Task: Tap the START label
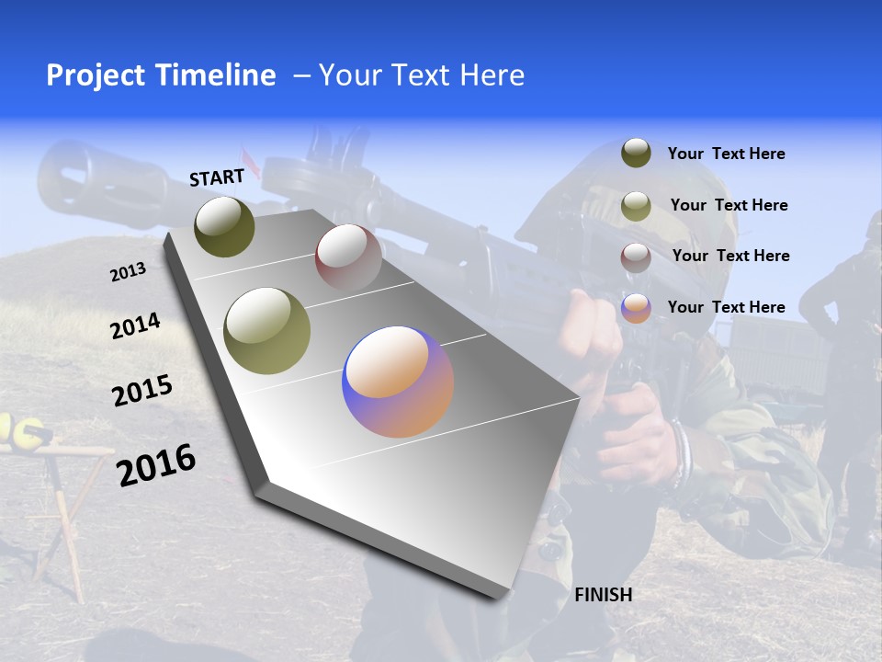(x=217, y=177)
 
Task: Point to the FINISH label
(x=603, y=595)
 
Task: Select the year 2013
(x=128, y=272)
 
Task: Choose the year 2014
(x=135, y=325)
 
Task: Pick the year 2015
(x=142, y=391)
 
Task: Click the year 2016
(x=156, y=465)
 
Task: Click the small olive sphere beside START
(x=224, y=226)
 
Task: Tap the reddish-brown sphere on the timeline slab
(x=348, y=257)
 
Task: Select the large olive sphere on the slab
(x=267, y=331)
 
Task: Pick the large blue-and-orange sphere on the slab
(x=398, y=382)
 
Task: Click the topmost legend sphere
(x=636, y=153)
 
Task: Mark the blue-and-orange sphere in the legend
(x=636, y=308)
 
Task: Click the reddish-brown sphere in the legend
(x=636, y=257)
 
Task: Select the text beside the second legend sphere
(x=729, y=205)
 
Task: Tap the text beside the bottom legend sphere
(x=726, y=307)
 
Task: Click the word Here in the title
(x=492, y=75)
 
